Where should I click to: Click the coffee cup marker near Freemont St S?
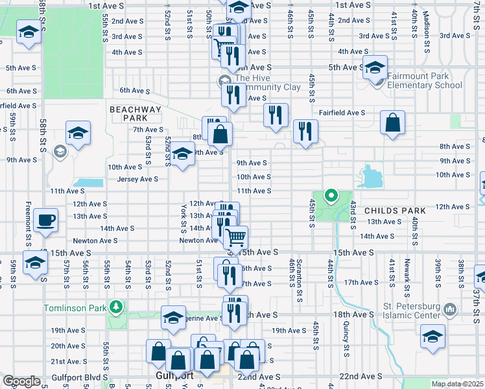point(46,220)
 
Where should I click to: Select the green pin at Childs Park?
point(331,194)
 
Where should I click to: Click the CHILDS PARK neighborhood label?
point(395,211)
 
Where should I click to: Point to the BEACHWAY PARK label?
point(135,114)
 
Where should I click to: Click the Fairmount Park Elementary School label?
point(425,80)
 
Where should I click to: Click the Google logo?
point(21,381)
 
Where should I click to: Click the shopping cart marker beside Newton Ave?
point(237,237)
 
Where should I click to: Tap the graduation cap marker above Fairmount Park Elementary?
point(375,67)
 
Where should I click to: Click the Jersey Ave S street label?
point(137,179)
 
